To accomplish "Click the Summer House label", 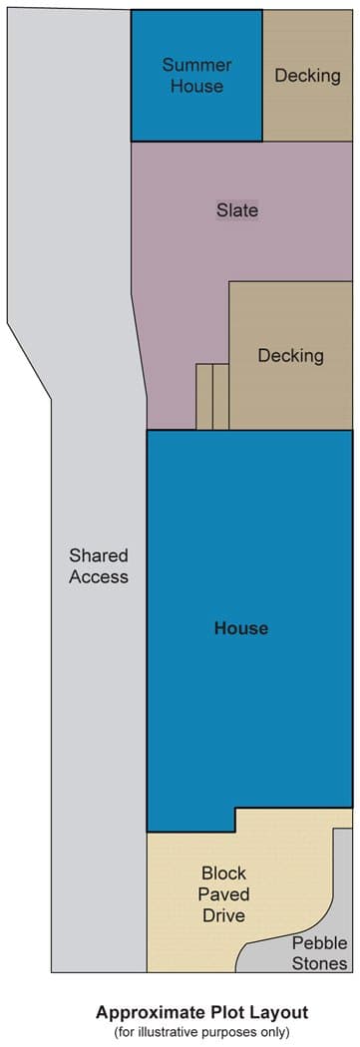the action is pos(196,76).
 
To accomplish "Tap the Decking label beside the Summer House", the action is pos(307,76).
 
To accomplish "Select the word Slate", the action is pos(237,210).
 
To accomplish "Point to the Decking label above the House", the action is pos(290,355).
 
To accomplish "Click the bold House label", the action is pos(241,628).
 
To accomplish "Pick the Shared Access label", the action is pos(98,566).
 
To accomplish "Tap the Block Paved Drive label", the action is pos(223,894).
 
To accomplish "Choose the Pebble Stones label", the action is pos(319,953).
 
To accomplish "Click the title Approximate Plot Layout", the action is pos(201,1012).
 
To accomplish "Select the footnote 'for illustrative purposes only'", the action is pos(201,1032).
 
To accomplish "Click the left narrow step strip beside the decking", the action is pos(204,397).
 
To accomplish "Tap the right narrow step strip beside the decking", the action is pos(221,397).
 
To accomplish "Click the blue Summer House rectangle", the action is pos(196,76).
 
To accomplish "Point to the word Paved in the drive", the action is pos(223,894).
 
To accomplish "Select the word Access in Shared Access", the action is pos(98,577).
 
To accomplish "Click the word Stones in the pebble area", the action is pos(319,963).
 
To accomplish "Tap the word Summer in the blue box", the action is pos(197,65).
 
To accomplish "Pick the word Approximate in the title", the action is pos(140,1013).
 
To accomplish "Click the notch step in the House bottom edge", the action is pos(235,820).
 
